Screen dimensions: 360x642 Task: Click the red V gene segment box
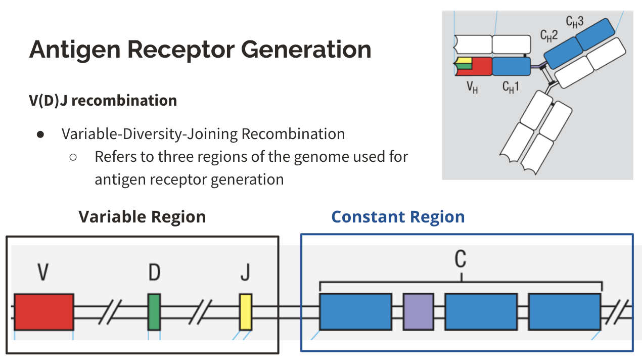coord(43,311)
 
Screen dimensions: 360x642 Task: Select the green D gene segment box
coord(154,311)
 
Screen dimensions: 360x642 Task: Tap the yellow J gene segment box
coord(245,311)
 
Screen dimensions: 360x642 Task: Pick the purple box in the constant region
coord(418,311)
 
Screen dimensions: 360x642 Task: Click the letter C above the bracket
coord(460,259)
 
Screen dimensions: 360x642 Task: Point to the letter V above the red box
coord(43,273)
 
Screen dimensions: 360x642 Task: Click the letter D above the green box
coord(154,273)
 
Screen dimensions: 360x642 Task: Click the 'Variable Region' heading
coord(142,217)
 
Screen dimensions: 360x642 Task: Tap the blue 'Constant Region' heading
coord(398,217)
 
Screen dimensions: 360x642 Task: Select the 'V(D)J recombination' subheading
coord(103,101)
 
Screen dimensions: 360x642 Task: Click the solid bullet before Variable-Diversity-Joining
coord(40,134)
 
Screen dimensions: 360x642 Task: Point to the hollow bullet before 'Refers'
coord(73,157)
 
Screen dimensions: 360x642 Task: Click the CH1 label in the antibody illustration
coord(511,87)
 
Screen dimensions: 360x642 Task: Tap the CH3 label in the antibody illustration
coord(575,22)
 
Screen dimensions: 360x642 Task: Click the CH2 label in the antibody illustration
coord(549,35)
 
